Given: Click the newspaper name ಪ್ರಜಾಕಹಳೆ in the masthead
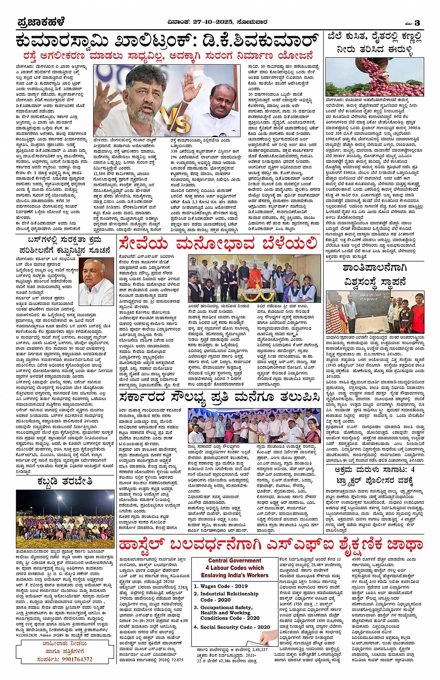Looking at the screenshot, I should coord(41,22).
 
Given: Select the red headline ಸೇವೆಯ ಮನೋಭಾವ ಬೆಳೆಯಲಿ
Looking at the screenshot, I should coord(217,244).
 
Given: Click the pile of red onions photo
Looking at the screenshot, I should coord(375,77).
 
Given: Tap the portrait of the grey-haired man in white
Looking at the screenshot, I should coord(96,282).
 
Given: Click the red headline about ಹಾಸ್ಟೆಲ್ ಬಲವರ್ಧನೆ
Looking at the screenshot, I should coord(270,544).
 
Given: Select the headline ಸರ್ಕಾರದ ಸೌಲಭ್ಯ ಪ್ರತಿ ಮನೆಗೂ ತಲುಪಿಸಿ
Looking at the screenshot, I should coord(219,398).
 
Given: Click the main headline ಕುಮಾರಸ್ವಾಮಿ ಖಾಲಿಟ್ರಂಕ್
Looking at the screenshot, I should coord(168,41).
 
